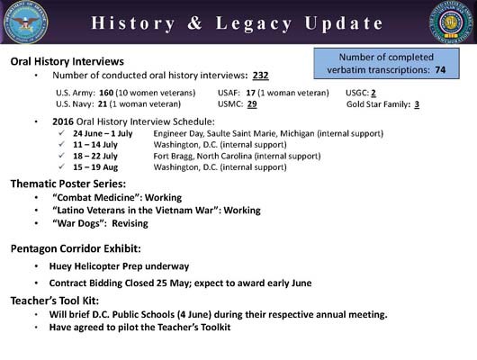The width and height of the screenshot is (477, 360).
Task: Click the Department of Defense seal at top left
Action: tap(24, 22)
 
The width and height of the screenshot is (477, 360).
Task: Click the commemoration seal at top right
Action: tap(451, 23)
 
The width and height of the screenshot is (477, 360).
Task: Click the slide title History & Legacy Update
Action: tap(238, 22)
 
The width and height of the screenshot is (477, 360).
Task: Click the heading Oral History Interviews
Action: tap(67, 61)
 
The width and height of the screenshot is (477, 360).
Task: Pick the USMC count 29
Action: tap(253, 104)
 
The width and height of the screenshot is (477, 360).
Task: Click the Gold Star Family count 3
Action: tap(417, 104)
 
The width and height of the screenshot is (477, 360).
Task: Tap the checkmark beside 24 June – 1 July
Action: tap(59, 132)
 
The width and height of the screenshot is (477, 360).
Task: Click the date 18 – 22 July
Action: tap(95, 156)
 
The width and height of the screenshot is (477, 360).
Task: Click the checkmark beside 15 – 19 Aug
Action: tap(59, 167)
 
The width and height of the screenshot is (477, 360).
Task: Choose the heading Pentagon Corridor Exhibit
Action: tap(76, 247)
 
